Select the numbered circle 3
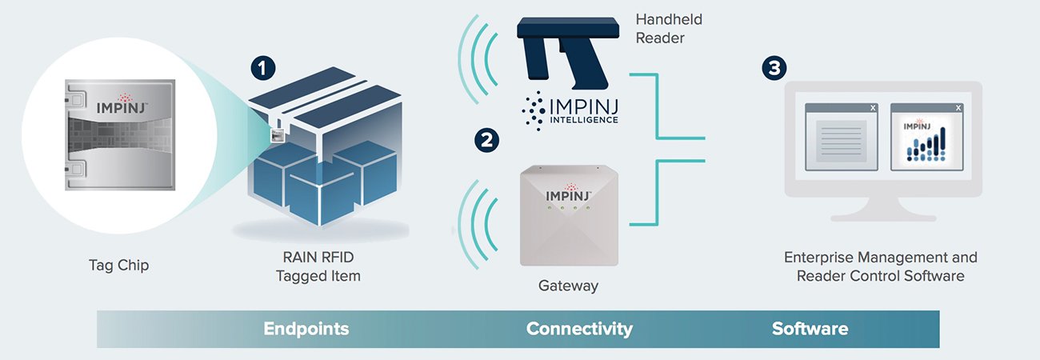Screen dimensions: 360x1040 click(x=773, y=68)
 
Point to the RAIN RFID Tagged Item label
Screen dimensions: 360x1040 click(x=318, y=266)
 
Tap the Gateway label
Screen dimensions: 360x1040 click(x=567, y=285)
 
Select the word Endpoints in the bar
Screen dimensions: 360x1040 click(x=306, y=329)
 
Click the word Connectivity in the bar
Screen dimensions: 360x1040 click(x=579, y=329)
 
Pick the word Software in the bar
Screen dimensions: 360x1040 click(x=810, y=329)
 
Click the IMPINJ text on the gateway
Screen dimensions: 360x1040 click(x=568, y=194)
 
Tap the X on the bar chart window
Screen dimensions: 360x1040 click(x=958, y=108)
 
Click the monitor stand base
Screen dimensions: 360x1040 click(x=883, y=217)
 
